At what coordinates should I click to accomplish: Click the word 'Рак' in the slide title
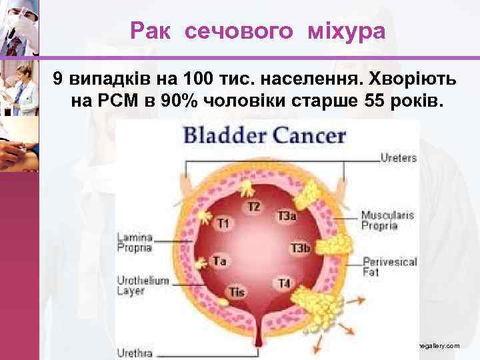(150, 31)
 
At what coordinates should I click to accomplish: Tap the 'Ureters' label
(398, 159)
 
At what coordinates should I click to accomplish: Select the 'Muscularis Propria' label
(387, 220)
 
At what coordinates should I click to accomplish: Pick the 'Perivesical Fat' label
(390, 267)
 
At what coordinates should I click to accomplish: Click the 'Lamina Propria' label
(135, 242)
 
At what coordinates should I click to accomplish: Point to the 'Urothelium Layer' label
(143, 285)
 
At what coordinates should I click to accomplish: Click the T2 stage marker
(253, 207)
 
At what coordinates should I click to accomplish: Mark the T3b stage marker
(299, 249)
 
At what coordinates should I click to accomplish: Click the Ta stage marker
(219, 261)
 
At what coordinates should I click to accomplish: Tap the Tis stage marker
(237, 291)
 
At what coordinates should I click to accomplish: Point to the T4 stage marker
(284, 283)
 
